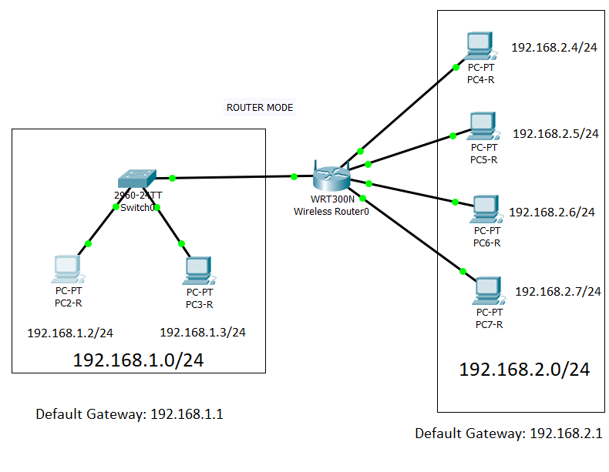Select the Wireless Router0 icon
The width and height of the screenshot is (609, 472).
[x=332, y=176]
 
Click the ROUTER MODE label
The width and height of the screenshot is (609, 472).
[x=259, y=108]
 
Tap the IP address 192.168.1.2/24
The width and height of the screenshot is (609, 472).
[x=70, y=333]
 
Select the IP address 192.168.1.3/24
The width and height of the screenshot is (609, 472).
[x=203, y=333]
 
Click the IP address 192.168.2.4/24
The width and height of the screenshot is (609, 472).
[x=554, y=48]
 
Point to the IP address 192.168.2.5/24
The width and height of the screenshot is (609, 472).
[x=556, y=133]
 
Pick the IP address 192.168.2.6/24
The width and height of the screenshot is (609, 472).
[x=553, y=212]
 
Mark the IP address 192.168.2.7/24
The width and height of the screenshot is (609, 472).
[x=557, y=291]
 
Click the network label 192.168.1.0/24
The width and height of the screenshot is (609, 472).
[x=139, y=360]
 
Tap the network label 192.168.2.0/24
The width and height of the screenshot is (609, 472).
[x=524, y=370]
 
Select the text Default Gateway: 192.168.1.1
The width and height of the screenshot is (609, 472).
[x=130, y=414]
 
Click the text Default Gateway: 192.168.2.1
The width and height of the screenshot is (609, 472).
[x=509, y=434]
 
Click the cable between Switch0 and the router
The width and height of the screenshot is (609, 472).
[x=231, y=177]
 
